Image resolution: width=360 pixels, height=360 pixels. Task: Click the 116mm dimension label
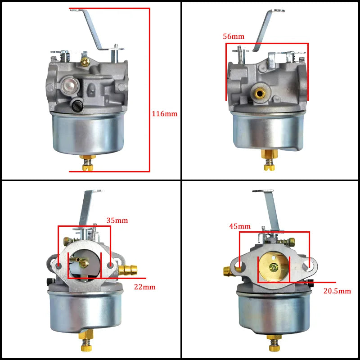coord(165,114)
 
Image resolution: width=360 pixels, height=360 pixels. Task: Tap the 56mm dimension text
coord(234,36)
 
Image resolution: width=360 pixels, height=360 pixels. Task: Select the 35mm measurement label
coord(117,220)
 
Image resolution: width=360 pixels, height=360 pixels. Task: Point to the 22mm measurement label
coord(144,287)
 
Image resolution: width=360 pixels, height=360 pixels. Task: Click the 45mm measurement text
coord(240,226)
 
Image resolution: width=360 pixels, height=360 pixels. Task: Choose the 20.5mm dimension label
coord(337,291)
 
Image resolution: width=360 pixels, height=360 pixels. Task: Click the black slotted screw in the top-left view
coord(76,106)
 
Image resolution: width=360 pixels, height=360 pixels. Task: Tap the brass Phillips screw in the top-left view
coord(85,61)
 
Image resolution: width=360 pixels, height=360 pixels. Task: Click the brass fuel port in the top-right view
coord(260,93)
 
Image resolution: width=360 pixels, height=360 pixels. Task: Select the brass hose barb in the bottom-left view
coord(128,270)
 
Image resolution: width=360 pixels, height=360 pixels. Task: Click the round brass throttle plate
coord(274,266)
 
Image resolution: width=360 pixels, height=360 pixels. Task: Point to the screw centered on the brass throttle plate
coord(274,267)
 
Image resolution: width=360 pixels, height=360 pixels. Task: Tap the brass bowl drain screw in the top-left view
coord(88,163)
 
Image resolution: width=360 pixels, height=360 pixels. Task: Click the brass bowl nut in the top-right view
coord(269,154)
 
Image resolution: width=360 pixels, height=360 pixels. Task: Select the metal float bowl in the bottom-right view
coord(274,311)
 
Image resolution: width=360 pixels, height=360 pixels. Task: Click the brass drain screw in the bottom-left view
coord(86,342)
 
